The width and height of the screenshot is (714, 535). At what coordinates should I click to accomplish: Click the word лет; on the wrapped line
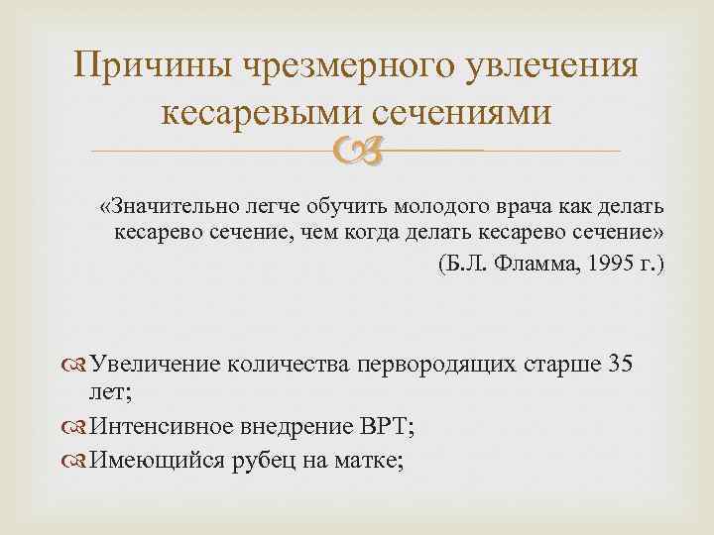pyautogui.click(x=111, y=393)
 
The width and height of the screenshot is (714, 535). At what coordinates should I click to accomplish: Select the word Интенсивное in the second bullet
pyautogui.click(x=161, y=428)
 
